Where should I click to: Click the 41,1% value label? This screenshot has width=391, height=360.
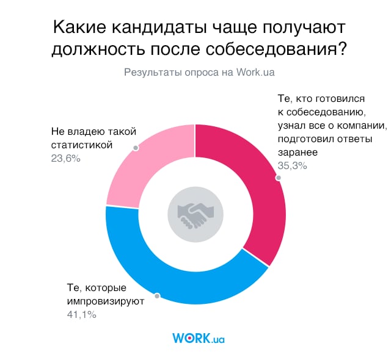point(82,315)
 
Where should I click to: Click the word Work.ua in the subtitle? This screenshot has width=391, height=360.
point(255,71)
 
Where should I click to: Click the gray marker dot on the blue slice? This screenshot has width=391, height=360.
point(158,297)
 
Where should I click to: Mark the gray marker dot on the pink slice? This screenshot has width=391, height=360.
point(136,148)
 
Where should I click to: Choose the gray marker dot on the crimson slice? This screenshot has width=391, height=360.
point(278,178)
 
